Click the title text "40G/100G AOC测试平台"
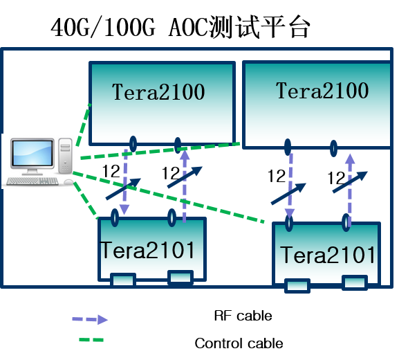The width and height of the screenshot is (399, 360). (x=180, y=27)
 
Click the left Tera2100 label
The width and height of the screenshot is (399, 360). (x=158, y=91)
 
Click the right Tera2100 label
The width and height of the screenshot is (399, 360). (x=322, y=91)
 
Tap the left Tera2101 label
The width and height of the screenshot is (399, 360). (x=147, y=251)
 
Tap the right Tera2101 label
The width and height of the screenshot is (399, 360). (x=328, y=255)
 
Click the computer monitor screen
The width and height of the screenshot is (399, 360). (x=33, y=153)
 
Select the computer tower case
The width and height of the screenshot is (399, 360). (x=66, y=156)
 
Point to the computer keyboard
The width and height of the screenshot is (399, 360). (x=33, y=181)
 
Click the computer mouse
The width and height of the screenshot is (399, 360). (x=69, y=181)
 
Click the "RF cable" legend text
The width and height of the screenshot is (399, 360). (x=243, y=316)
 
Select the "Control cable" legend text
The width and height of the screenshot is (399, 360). (x=239, y=343)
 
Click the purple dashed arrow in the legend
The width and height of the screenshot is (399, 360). (x=90, y=319)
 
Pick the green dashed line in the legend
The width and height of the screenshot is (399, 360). (x=91, y=340)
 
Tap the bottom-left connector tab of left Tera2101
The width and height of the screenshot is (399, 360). (x=123, y=280)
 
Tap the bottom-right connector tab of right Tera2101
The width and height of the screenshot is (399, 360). (x=355, y=282)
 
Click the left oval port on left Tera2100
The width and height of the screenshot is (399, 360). (x=133, y=144)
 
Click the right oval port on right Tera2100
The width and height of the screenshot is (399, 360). (x=333, y=148)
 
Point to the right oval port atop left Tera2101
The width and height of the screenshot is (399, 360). (x=172, y=217)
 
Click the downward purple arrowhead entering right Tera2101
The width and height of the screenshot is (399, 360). (x=290, y=213)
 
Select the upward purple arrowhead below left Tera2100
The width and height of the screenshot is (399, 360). (x=185, y=154)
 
